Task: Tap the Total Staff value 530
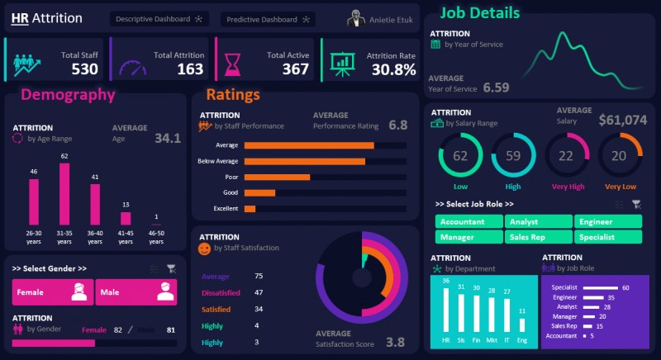pyautogui.click(x=84, y=69)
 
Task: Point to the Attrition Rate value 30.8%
pyautogui.click(x=392, y=69)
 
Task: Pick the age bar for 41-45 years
pyautogui.click(x=126, y=218)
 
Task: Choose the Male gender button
pyautogui.click(x=136, y=292)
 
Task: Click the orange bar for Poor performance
pyautogui.click(x=277, y=177)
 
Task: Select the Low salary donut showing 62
pyautogui.click(x=460, y=156)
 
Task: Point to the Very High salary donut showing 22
pyautogui.click(x=566, y=156)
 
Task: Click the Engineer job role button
pyautogui.click(x=608, y=221)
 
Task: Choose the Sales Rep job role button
pyautogui.click(x=539, y=237)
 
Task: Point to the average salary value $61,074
pyautogui.click(x=622, y=120)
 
